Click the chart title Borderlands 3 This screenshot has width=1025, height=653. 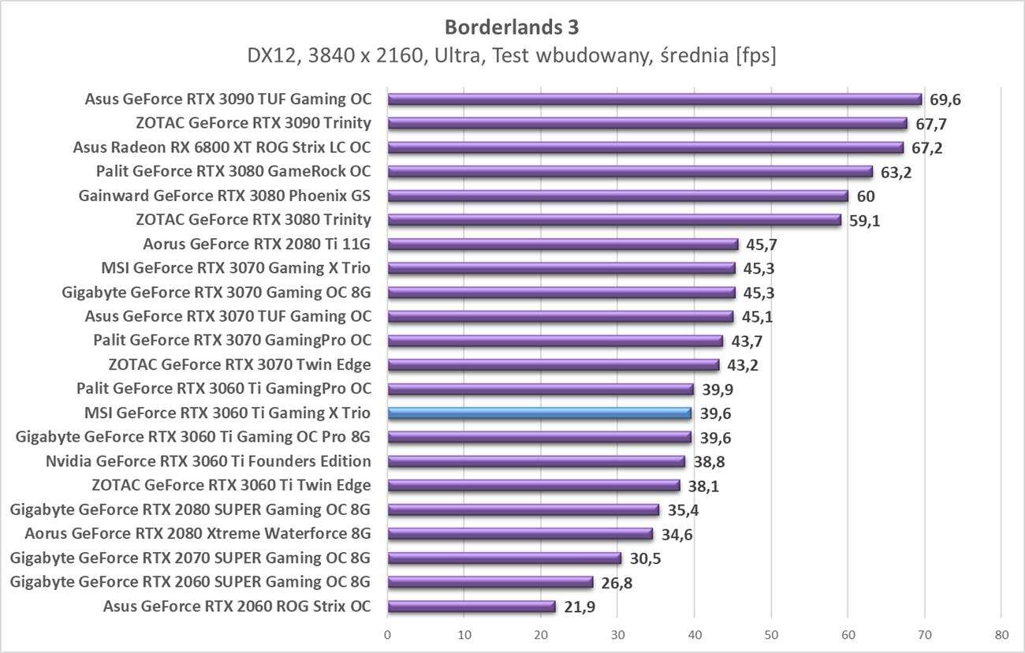coord(512,27)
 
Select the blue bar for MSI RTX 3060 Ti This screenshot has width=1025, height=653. coord(539,413)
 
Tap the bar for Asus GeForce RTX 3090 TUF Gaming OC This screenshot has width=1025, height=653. coord(654,99)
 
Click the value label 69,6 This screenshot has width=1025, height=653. coord(945,99)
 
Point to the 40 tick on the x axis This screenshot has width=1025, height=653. coord(694,633)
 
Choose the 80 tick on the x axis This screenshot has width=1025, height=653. coord(1001,633)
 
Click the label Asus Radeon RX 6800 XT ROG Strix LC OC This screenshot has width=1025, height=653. coord(222,147)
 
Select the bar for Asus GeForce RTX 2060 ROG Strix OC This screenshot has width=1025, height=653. coord(471,606)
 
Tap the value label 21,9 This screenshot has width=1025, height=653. coord(580,606)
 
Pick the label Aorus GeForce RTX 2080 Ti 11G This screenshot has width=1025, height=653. coord(257,244)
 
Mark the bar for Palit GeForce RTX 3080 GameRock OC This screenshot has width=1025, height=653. coord(630,172)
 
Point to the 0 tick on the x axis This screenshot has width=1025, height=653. coord(388,633)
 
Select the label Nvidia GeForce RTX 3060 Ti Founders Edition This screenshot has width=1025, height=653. coord(208,461)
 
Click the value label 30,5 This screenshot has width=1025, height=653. coord(645,558)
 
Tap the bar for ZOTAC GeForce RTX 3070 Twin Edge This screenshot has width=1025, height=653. coord(553,365)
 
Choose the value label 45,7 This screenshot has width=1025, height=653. coord(762,244)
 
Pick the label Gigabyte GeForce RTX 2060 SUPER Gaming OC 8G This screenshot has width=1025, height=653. coord(190,582)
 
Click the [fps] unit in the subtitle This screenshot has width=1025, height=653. coord(755,55)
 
